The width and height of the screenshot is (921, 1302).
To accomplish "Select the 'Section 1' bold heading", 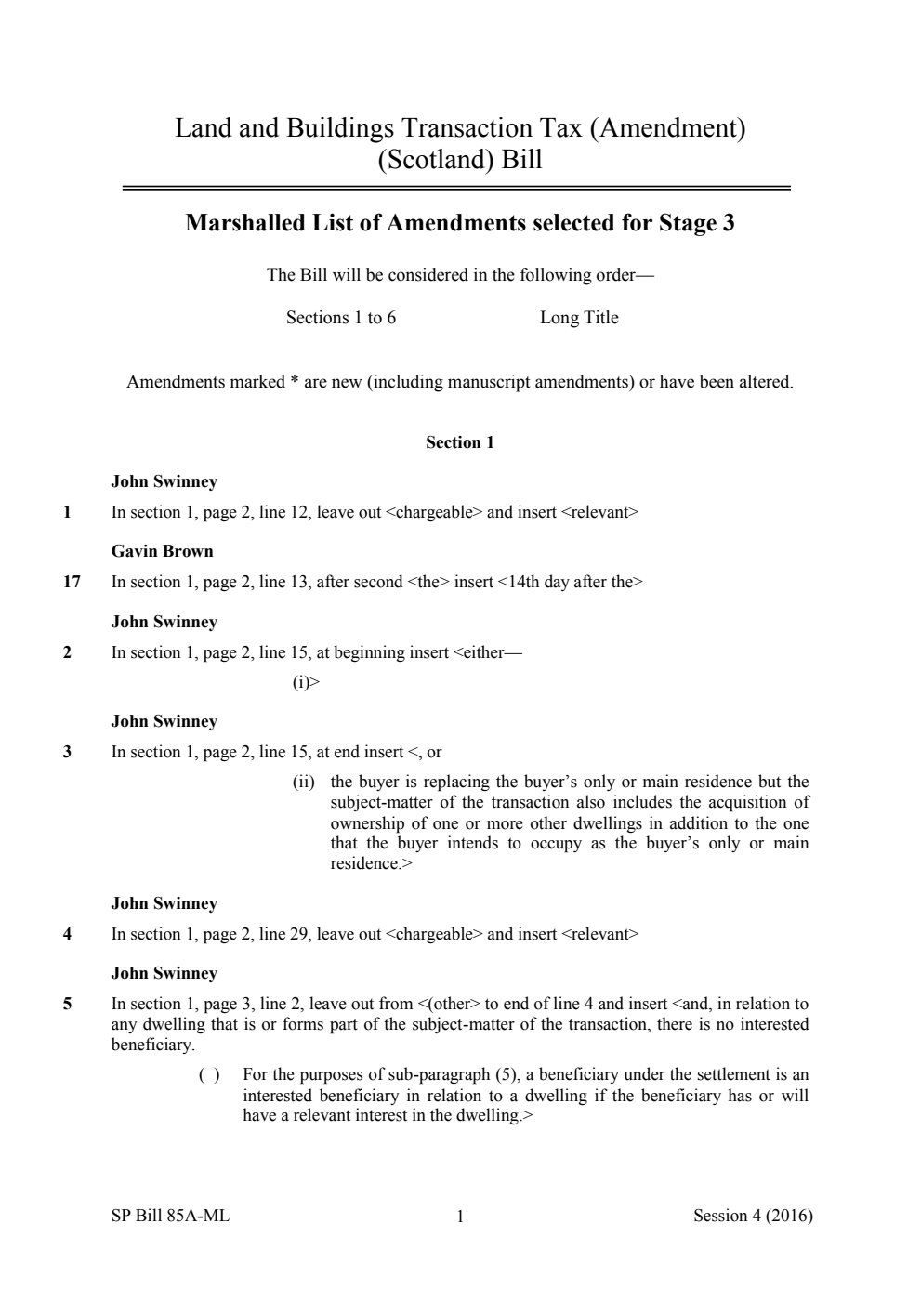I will [x=460, y=442].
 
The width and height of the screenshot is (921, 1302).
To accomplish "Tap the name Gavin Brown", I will [x=162, y=551].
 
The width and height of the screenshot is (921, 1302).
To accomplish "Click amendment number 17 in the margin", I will [x=72, y=582].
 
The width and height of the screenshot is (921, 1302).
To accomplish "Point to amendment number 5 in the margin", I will [x=67, y=1004].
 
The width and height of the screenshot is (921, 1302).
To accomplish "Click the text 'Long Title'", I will [x=579, y=318].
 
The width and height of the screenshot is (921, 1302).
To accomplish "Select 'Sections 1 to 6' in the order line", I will [x=341, y=318].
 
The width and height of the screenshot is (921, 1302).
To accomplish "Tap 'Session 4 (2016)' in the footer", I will [x=753, y=1216].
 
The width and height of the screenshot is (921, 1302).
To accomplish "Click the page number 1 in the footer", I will [x=460, y=1217].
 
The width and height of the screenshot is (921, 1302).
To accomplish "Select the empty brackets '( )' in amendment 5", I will [x=209, y=1075].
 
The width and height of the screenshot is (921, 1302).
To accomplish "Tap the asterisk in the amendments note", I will [x=294, y=383].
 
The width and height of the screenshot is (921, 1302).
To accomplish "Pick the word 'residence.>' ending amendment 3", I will [x=371, y=863].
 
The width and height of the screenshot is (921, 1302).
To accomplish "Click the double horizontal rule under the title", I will [x=456, y=189].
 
